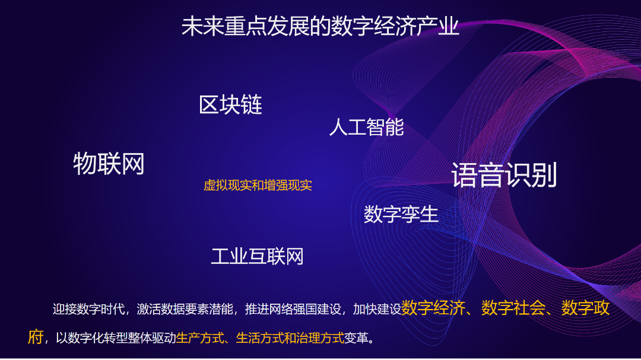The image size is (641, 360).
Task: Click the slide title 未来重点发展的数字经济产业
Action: tap(320, 27)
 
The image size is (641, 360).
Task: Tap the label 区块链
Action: tap(230, 104)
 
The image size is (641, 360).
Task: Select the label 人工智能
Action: tap(366, 127)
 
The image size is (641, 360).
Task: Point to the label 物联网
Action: tap(109, 164)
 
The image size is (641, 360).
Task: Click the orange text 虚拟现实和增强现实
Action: tap(258, 186)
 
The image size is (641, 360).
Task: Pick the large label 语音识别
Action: tap(504, 175)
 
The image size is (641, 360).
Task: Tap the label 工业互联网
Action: tap(257, 257)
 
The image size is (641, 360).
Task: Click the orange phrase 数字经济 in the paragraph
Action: tap(433, 308)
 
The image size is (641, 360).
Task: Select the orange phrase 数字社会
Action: tap(513, 308)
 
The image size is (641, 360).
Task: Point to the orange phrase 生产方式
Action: tap(200, 338)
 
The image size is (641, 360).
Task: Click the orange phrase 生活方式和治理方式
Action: tap(290, 338)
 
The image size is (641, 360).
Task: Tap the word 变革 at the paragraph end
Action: tap(356, 338)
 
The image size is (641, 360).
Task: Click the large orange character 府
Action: tap(36, 337)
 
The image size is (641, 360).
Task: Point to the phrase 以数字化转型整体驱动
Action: tap(116, 338)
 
